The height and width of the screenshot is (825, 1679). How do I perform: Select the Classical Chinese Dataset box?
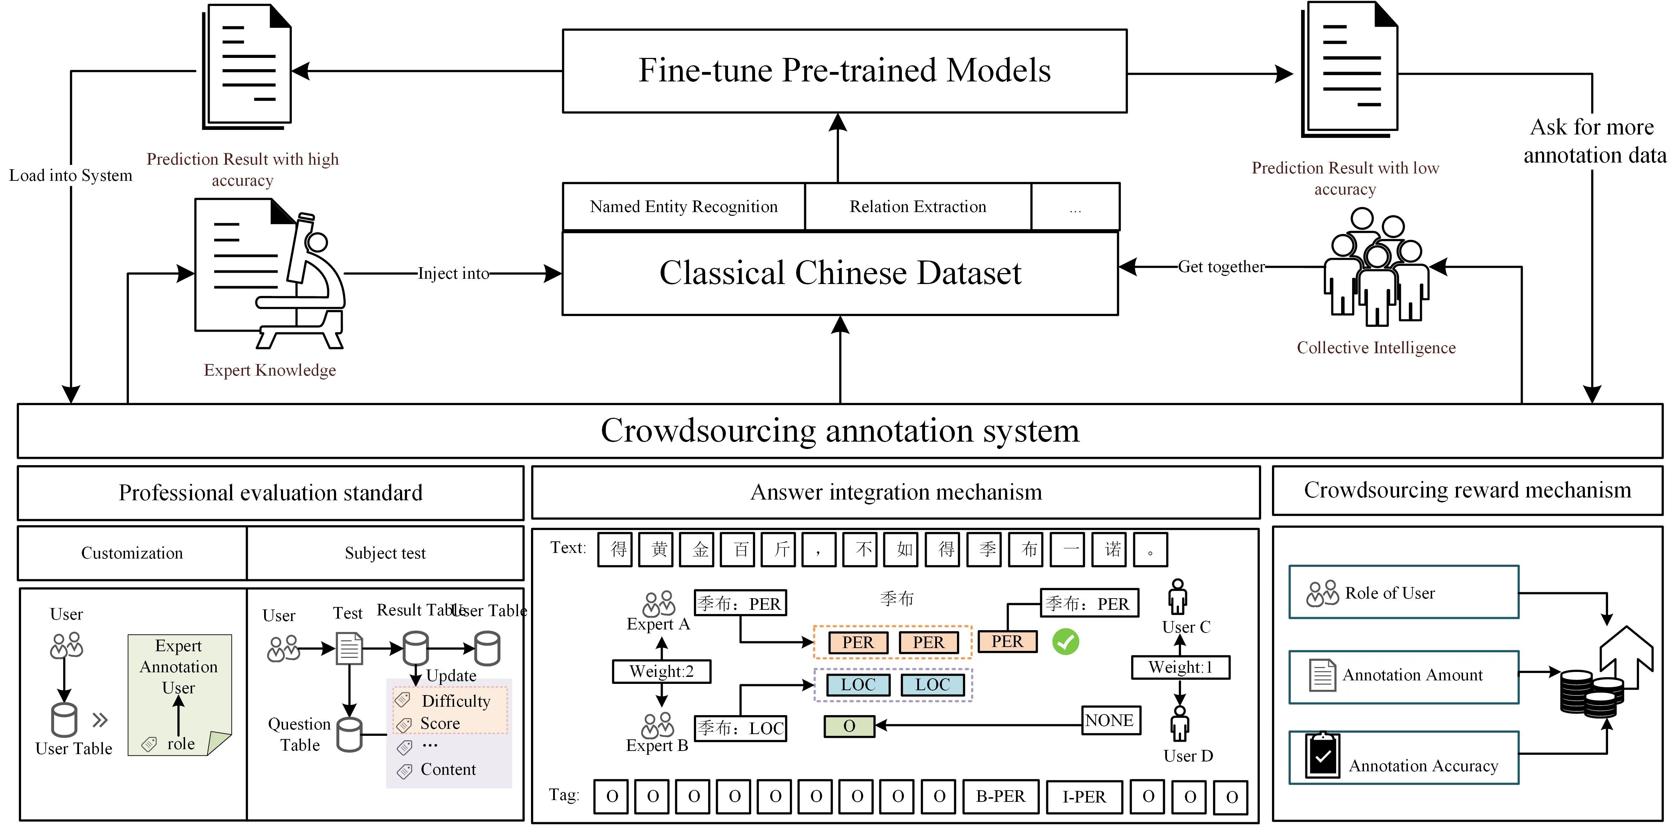coord(840,273)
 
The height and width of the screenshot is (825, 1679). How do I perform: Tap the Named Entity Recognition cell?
coord(684,206)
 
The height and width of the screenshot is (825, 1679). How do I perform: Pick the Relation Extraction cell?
coord(918,206)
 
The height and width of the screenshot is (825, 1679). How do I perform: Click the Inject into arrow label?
coord(453,274)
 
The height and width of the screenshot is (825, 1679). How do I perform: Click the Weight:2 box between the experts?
coord(662,671)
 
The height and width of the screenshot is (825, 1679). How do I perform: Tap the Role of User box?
coord(1403,592)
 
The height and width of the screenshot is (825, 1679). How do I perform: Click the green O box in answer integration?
coord(848,726)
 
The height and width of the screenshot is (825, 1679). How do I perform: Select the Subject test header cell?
coord(385,553)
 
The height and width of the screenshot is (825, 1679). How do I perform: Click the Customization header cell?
coord(132,553)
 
